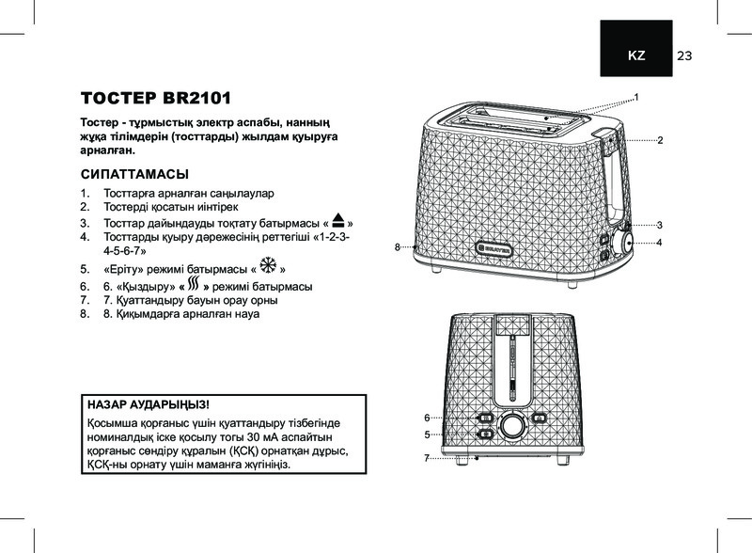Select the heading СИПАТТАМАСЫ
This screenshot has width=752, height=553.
pyautogui.click(x=134, y=175)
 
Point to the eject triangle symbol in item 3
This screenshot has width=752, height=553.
pyautogui.click(x=339, y=222)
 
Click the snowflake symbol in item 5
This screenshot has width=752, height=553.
pyautogui.click(x=266, y=267)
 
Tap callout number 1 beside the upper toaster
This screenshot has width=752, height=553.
pyautogui.click(x=636, y=98)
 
